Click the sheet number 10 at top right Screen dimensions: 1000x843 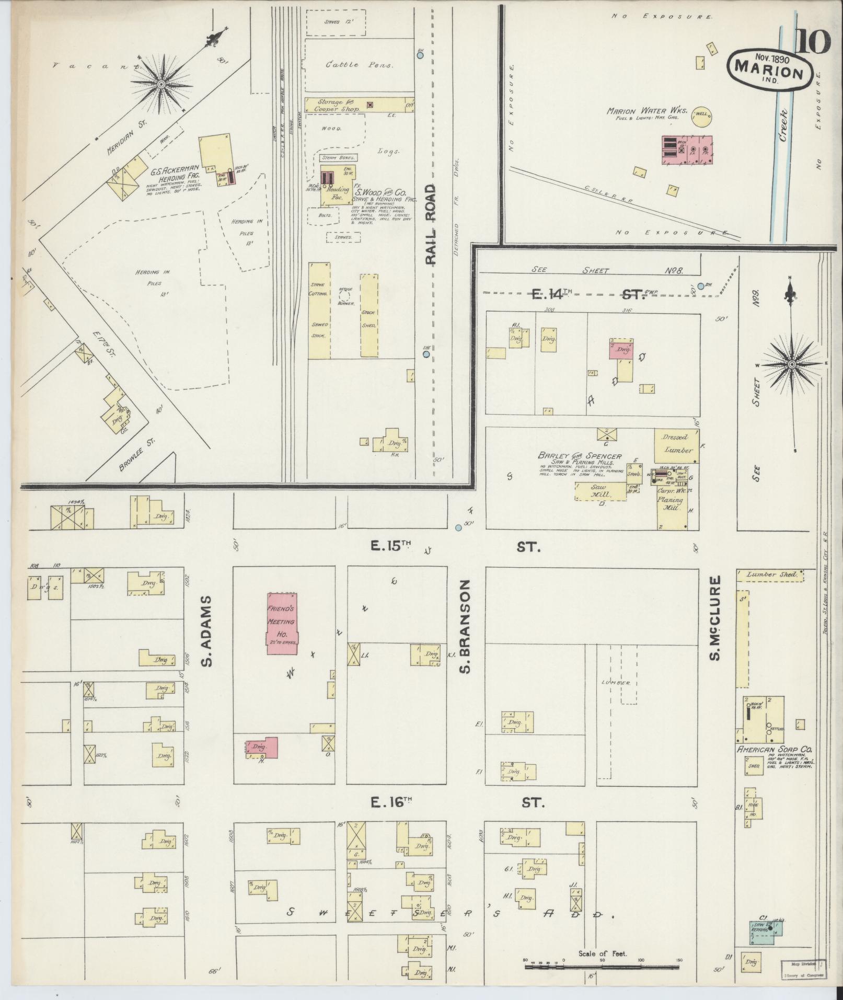[x=813, y=42]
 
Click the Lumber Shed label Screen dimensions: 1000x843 [x=772, y=574]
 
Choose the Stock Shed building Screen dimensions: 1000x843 [x=369, y=315]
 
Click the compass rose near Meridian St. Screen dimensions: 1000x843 [x=161, y=84]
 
